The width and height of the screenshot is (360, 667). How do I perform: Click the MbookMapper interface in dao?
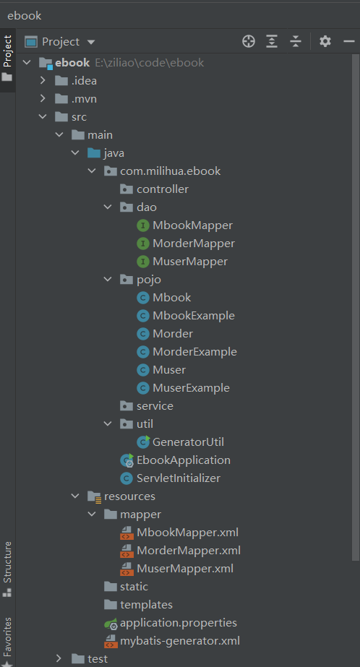tap(193, 225)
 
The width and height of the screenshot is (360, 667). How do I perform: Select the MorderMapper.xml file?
tap(189, 551)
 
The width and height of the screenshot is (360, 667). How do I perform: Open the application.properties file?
tap(179, 623)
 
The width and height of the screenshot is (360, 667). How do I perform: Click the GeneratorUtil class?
tap(188, 442)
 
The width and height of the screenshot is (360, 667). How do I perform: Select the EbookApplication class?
tap(184, 460)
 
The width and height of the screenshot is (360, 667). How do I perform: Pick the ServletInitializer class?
tap(179, 478)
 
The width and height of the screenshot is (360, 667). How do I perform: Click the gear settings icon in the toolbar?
tap(325, 41)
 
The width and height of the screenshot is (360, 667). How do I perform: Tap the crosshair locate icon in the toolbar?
tap(249, 41)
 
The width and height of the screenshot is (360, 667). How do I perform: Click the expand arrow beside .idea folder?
tap(43, 80)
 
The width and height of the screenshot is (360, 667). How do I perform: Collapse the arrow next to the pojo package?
tap(108, 279)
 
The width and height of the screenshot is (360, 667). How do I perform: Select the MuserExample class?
tap(191, 388)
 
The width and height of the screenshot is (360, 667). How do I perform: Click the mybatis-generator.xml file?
tap(180, 641)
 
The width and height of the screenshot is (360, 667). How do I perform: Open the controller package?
tap(163, 189)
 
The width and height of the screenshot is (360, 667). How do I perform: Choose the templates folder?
tap(146, 604)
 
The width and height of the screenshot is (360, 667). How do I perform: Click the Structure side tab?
tap(8, 561)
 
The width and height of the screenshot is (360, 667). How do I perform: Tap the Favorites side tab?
tap(8, 637)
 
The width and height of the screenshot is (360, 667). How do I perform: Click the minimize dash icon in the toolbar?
tap(349, 41)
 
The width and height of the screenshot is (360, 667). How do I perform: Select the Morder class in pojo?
tap(173, 334)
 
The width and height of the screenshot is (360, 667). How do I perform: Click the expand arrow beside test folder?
tap(59, 658)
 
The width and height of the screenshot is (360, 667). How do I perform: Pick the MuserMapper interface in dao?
tap(190, 262)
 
